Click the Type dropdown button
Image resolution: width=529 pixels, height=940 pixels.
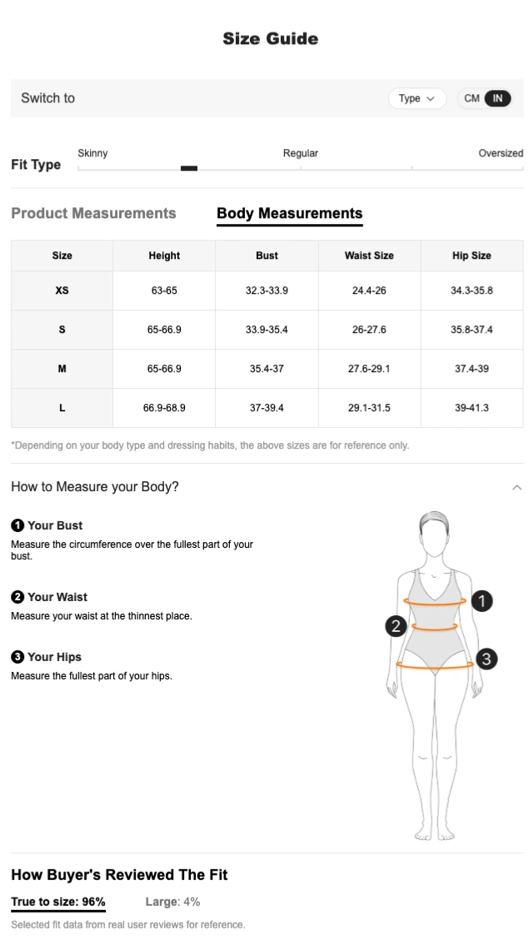[x=417, y=98]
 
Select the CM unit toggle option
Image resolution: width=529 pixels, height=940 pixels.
[x=472, y=98]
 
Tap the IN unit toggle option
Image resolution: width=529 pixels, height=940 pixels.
[x=498, y=98]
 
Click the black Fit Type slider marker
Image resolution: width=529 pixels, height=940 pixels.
[x=189, y=168]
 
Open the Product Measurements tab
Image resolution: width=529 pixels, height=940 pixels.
[x=93, y=213]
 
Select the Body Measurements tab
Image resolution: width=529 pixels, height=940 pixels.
[x=290, y=213]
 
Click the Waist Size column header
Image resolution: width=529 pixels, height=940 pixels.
[x=369, y=256]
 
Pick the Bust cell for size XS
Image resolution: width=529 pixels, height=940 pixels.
[x=267, y=291]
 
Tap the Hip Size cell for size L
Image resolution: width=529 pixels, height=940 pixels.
[x=472, y=408]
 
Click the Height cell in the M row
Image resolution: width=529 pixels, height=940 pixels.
[x=164, y=369]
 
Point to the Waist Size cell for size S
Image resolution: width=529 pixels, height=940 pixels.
[x=369, y=330]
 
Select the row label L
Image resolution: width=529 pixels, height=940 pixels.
[x=62, y=408]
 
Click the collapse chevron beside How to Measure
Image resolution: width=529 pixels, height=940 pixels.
[x=517, y=487]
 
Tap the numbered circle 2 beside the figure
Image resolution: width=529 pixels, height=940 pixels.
[x=396, y=626]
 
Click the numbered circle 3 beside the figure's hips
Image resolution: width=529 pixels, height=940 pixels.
[x=487, y=659]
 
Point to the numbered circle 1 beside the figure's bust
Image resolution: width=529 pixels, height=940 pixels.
[x=482, y=600]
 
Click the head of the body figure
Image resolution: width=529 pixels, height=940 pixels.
[x=434, y=529]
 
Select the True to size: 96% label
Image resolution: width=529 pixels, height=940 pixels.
[x=58, y=902]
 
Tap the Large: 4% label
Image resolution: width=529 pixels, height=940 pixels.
[x=172, y=902]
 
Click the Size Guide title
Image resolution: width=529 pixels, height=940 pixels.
[x=271, y=38]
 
